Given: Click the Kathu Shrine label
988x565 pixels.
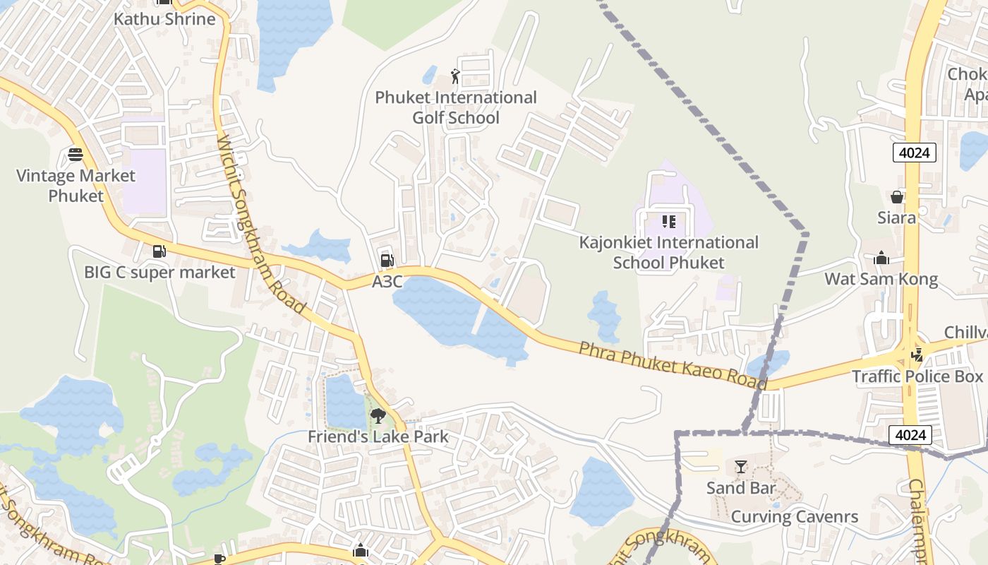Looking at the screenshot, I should tap(164, 19).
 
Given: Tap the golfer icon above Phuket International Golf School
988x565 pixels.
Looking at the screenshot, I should tap(455, 76).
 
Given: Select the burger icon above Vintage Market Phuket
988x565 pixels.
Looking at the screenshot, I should tap(76, 154).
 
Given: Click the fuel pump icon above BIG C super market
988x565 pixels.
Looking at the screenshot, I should tap(159, 251).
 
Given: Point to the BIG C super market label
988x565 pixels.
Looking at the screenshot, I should tap(159, 272).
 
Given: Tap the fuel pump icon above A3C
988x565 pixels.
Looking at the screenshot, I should tap(387, 261).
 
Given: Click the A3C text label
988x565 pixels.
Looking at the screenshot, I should tap(387, 282).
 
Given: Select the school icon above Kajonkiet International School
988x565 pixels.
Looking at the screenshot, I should tap(668, 222).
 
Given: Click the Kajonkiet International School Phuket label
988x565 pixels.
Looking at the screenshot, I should tap(668, 252).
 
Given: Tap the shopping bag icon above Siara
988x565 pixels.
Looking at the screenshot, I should tap(897, 196).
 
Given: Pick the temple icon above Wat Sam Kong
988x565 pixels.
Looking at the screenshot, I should tap(881, 258).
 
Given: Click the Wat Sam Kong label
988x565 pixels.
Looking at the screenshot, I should tap(881, 279).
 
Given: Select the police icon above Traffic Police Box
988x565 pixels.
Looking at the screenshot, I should tap(917, 355).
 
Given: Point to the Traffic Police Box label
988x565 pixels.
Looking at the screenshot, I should tap(917, 376).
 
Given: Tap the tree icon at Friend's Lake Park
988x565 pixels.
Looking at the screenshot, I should tap(378, 416).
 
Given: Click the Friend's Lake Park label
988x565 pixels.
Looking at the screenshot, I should tap(378, 436).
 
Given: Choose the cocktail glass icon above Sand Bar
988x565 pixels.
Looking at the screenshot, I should tap(741, 467).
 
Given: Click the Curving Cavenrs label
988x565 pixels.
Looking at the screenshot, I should tap(795, 516).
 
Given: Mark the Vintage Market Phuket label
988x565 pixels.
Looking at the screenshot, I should tap(76, 186).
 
